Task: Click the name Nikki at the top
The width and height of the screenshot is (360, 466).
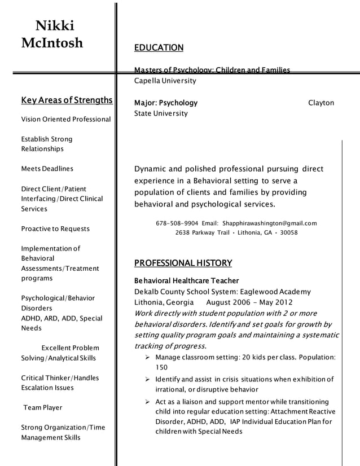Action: point(54,25)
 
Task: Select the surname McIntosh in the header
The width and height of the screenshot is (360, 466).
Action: point(52,43)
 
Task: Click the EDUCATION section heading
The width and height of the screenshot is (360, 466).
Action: point(159,48)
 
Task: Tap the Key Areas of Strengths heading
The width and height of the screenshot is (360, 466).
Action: point(67,101)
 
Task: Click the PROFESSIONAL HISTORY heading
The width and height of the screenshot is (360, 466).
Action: point(183,263)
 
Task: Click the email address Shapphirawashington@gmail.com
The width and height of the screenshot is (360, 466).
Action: point(270,223)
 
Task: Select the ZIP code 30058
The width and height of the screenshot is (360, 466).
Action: point(288,232)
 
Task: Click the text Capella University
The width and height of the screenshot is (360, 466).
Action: point(165,81)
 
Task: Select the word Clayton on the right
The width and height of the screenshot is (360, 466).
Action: point(321,103)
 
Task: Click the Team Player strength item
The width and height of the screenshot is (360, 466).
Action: point(43,408)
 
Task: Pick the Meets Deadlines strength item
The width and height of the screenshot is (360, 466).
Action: point(47,169)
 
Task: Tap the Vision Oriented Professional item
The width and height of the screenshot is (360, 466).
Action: point(66,120)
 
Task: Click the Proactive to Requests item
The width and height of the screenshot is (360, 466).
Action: point(55,229)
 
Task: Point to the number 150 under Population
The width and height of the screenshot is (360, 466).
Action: point(162,367)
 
